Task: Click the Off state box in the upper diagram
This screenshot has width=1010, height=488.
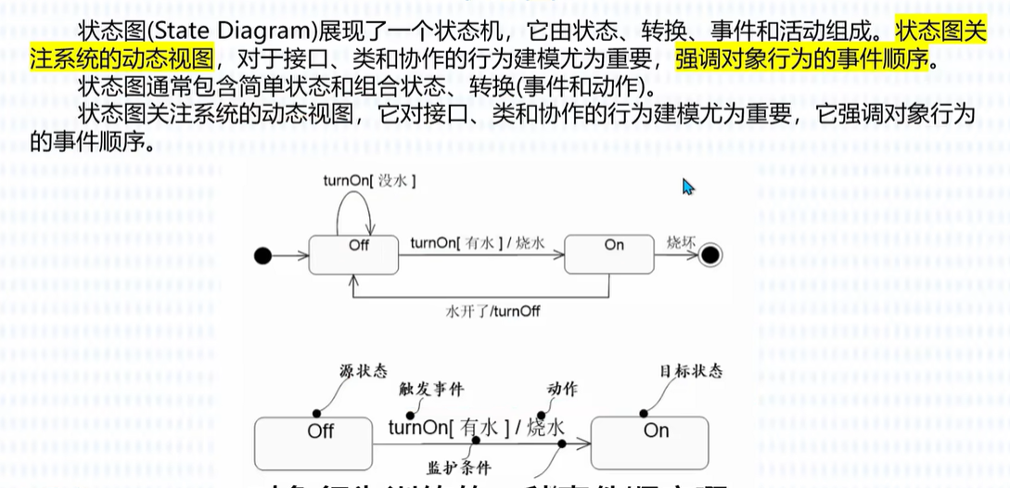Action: (x=353, y=254)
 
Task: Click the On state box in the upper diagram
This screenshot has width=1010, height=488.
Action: (x=608, y=254)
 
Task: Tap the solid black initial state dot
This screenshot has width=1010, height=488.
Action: (x=263, y=254)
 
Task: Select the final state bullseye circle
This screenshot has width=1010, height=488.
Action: (x=711, y=254)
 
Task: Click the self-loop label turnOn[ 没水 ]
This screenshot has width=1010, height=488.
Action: (x=368, y=181)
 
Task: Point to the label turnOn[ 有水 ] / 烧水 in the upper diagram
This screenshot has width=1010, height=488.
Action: (x=477, y=244)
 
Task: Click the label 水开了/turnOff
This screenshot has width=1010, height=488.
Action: (x=492, y=311)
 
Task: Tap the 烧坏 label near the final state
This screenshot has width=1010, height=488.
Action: (x=681, y=243)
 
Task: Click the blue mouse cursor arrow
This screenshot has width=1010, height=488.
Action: (x=688, y=186)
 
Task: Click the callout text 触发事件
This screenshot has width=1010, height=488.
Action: (x=431, y=390)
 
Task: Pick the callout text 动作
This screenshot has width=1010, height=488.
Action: (x=562, y=389)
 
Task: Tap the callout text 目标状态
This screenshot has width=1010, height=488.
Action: (x=690, y=371)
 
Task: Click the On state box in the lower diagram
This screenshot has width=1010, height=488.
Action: (x=656, y=440)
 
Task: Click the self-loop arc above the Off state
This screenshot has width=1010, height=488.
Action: (x=355, y=204)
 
